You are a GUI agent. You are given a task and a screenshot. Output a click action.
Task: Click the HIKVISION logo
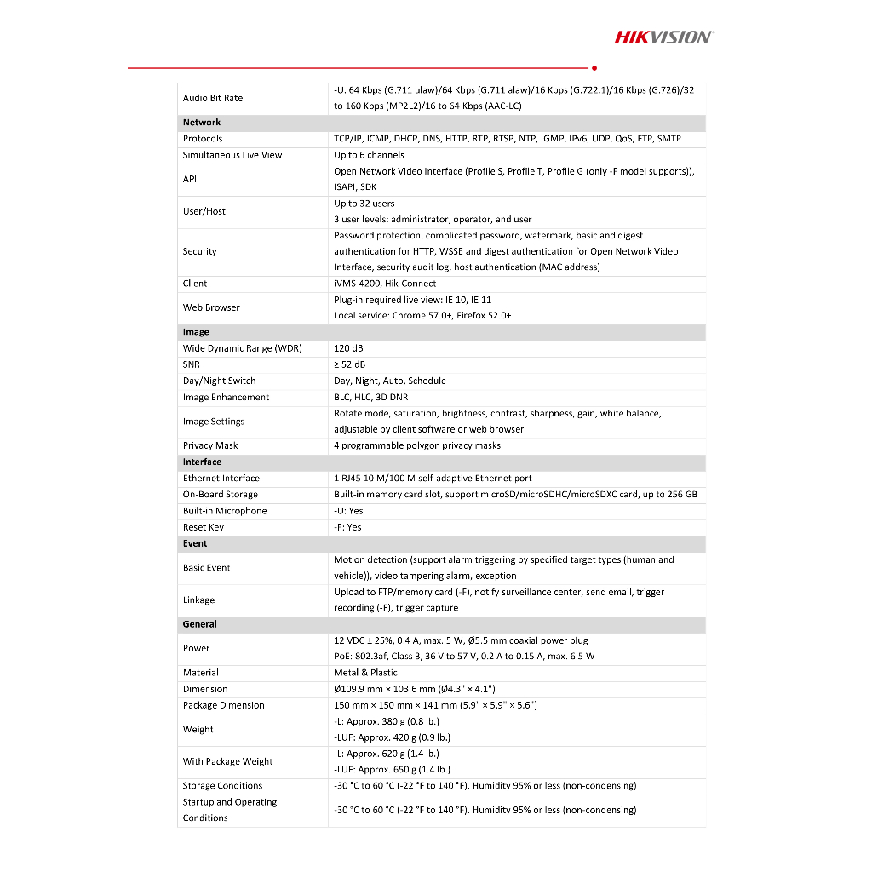(x=663, y=37)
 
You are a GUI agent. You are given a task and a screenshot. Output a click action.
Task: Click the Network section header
(x=202, y=123)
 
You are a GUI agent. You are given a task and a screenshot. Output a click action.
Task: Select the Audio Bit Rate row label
(x=213, y=98)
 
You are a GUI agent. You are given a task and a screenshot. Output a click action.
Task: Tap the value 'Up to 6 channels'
(x=369, y=155)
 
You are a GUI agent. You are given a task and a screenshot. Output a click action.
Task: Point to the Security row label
(x=200, y=251)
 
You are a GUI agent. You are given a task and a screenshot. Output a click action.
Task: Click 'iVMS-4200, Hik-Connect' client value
(x=385, y=284)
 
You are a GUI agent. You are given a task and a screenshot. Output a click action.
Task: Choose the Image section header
(x=196, y=332)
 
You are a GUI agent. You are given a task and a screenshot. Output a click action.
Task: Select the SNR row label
(x=192, y=364)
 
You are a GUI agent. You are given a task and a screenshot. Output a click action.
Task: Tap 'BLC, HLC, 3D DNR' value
(x=371, y=397)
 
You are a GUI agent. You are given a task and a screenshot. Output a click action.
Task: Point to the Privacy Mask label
(x=210, y=445)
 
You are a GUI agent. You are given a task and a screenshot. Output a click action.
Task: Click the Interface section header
(x=202, y=462)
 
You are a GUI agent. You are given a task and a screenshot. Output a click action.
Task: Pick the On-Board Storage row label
(x=221, y=495)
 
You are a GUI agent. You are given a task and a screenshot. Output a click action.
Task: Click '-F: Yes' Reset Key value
(x=347, y=527)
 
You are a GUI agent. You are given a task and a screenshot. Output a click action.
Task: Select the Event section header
(x=195, y=543)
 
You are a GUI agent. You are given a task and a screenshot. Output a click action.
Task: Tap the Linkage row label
(x=199, y=599)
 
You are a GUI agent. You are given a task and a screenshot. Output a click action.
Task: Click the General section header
(x=200, y=624)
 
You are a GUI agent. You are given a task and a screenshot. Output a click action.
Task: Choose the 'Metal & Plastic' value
(x=365, y=673)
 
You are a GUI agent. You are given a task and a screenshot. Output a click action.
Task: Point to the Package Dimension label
(x=224, y=705)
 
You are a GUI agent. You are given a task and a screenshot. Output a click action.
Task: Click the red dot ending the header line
(x=594, y=67)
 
